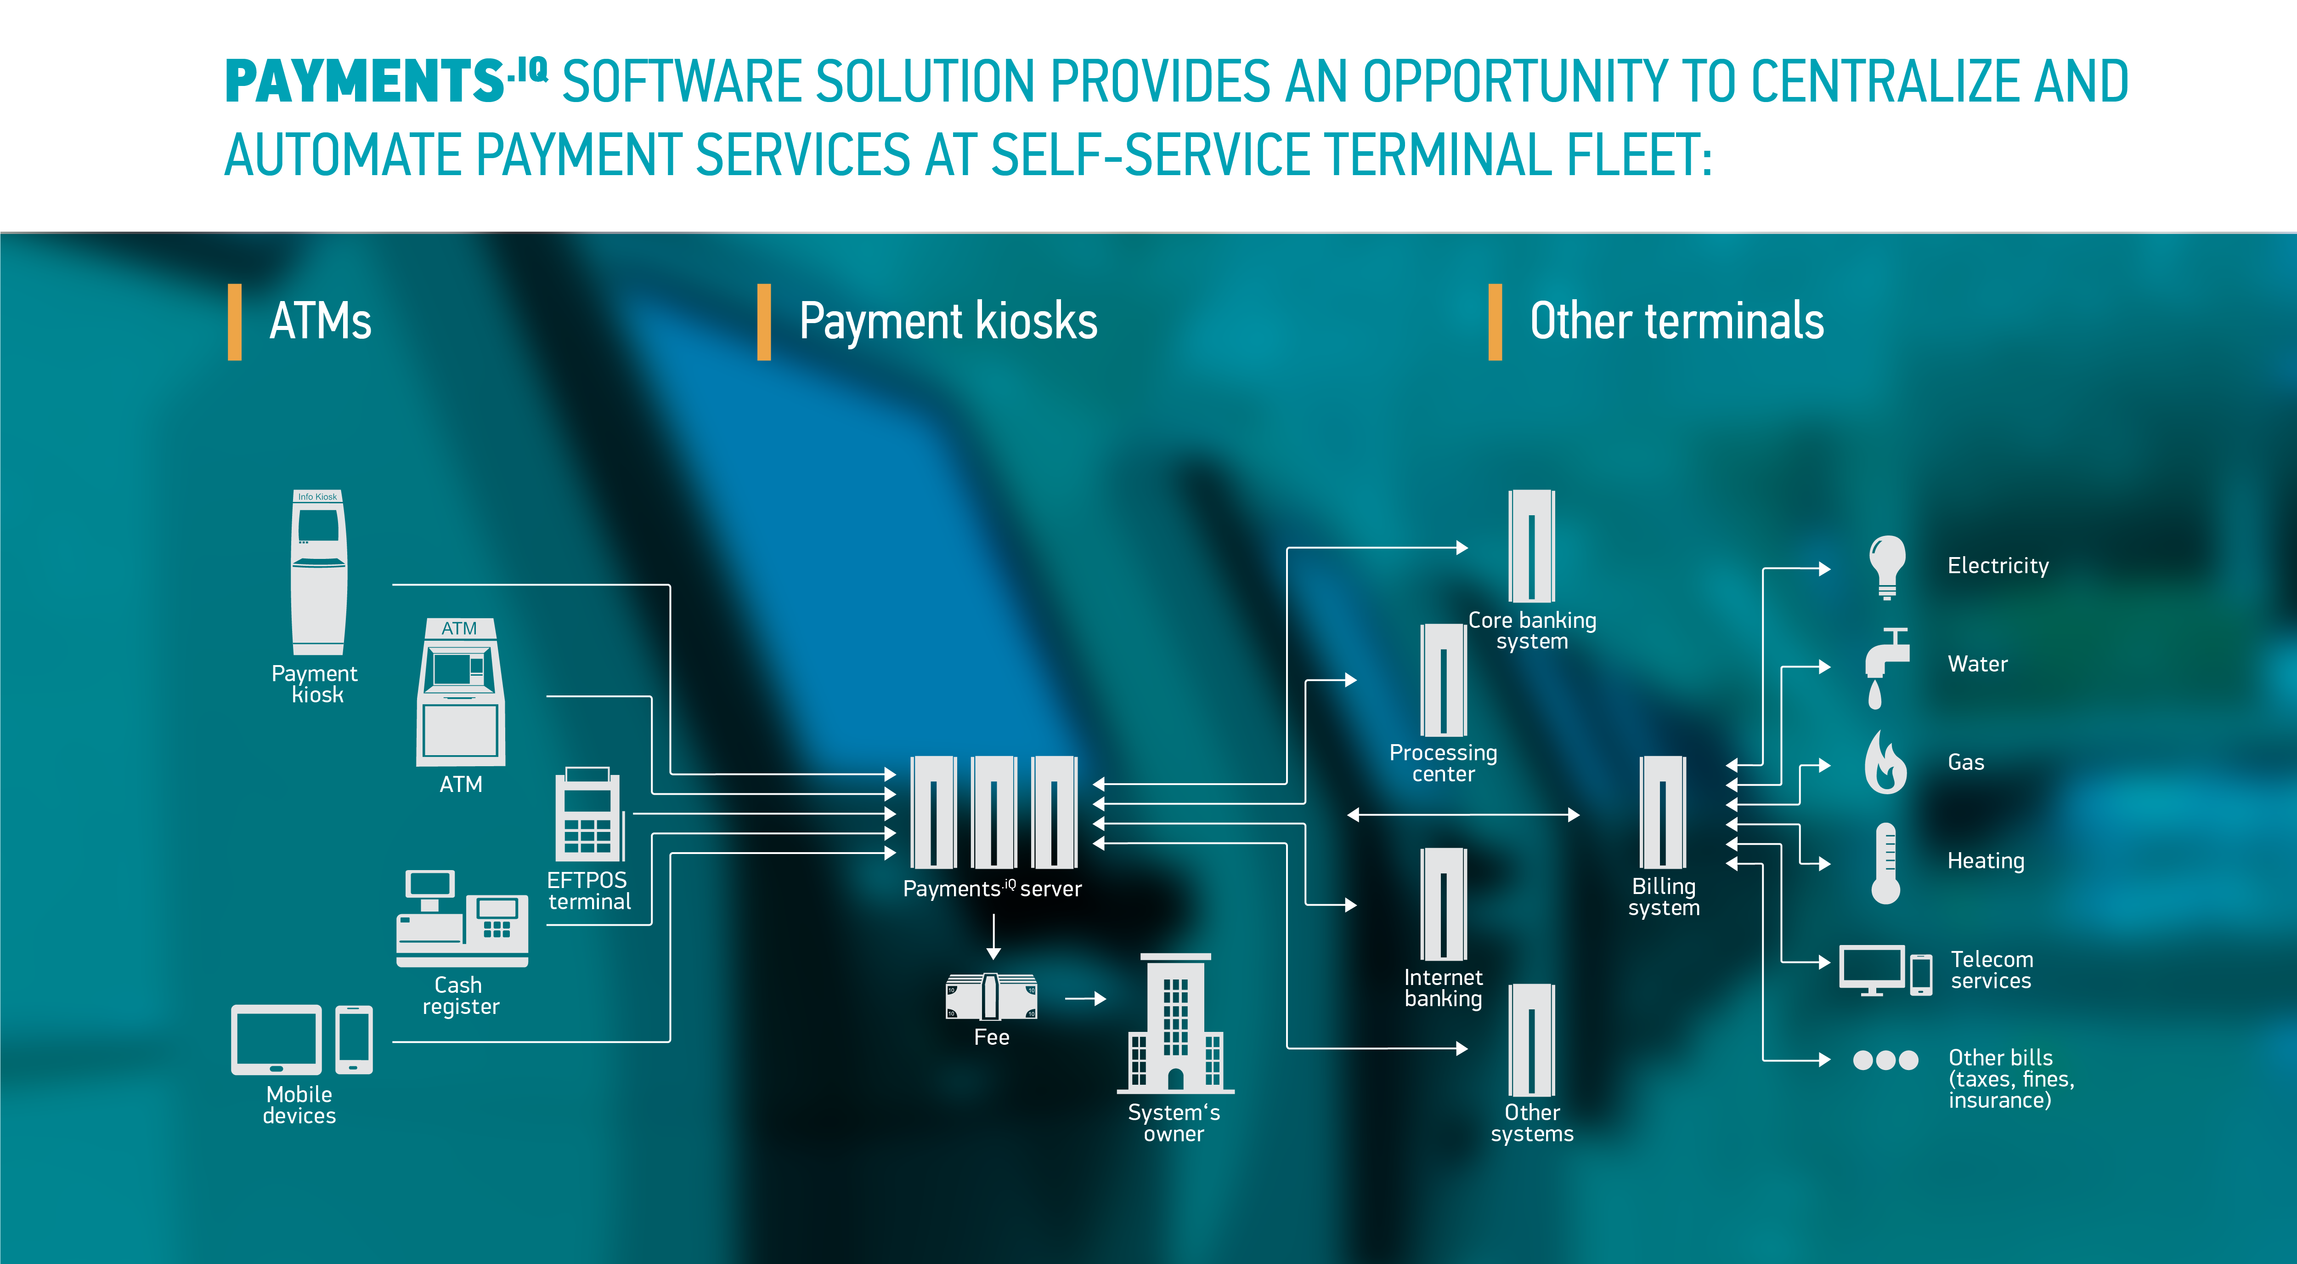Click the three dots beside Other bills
tap(1885, 1060)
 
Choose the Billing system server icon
tap(1663, 812)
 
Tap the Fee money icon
tap(991, 996)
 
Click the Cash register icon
tap(462, 919)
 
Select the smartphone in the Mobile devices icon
tap(354, 1039)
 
